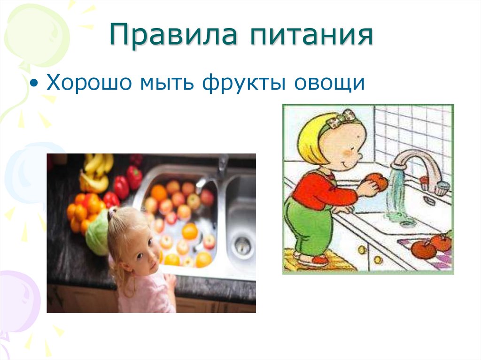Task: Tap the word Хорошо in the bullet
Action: click(88, 83)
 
